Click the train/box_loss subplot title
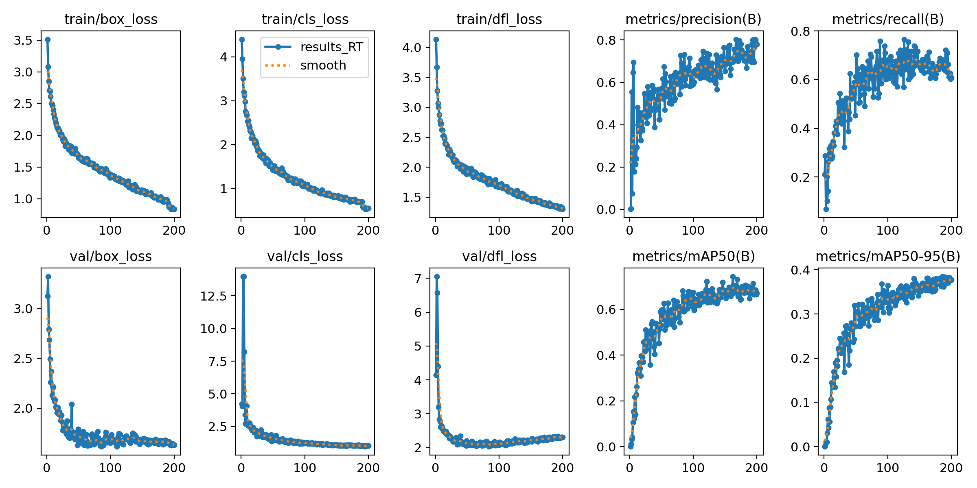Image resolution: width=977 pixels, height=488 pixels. tap(111, 20)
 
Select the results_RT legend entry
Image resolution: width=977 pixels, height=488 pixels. tap(331, 47)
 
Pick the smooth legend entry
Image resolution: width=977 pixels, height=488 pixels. tap(323, 65)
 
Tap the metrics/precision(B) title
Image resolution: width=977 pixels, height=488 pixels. tap(693, 20)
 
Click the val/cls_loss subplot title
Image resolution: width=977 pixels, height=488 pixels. tap(305, 257)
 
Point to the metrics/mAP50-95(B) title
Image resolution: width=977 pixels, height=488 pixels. tap(888, 257)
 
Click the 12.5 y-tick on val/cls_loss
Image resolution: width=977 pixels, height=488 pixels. tap(213, 296)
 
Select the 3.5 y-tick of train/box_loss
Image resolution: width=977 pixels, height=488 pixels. tap(23, 40)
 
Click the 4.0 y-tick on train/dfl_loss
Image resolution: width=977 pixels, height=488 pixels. tap(412, 48)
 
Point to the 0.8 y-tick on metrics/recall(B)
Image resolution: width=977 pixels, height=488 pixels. tap(800, 31)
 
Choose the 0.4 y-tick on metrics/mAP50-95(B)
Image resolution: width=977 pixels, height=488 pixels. tap(800, 270)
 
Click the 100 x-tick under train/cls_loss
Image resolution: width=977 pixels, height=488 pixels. tap(304, 231)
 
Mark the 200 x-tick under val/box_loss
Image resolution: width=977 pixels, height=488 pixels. tap(174, 468)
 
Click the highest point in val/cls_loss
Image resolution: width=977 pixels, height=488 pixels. tap(243, 277)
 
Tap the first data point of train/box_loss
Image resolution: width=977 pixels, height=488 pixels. tap(48, 39)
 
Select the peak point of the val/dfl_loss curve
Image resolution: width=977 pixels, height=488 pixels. tap(437, 277)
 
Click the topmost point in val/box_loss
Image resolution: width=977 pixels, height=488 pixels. tap(48, 277)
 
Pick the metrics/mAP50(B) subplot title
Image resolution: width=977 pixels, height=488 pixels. tap(693, 257)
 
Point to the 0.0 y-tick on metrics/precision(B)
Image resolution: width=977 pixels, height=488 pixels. tap(606, 210)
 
